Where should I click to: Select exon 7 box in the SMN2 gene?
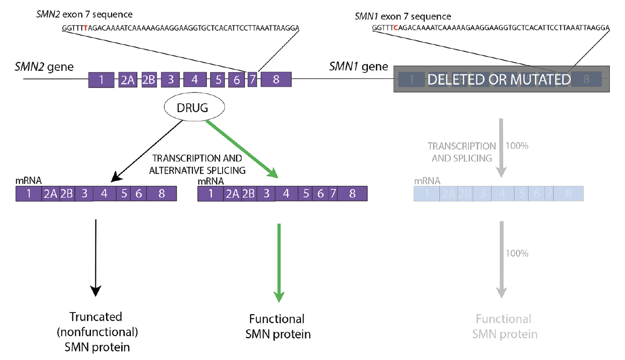pyautogui.click(x=252, y=80)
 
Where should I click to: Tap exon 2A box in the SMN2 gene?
pyautogui.click(x=127, y=80)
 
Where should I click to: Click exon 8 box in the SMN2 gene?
pyautogui.click(x=276, y=80)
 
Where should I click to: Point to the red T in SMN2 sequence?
pyautogui.click(x=86, y=28)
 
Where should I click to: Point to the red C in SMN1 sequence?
pyautogui.click(x=395, y=28)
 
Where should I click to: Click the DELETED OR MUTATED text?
pyautogui.click(x=499, y=79)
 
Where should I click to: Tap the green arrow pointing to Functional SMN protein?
pyautogui.click(x=279, y=262)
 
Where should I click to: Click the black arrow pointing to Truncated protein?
pyautogui.click(x=96, y=257)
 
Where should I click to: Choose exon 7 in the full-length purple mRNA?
pyautogui.click(x=333, y=194)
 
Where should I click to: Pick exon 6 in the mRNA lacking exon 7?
pyautogui.click(x=138, y=194)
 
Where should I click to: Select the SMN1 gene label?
pyautogui.click(x=358, y=67)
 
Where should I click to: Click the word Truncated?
pyautogui.click(x=96, y=316)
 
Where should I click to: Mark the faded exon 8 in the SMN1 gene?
pyautogui.click(x=586, y=79)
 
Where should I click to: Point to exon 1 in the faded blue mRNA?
pyautogui.click(x=426, y=194)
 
